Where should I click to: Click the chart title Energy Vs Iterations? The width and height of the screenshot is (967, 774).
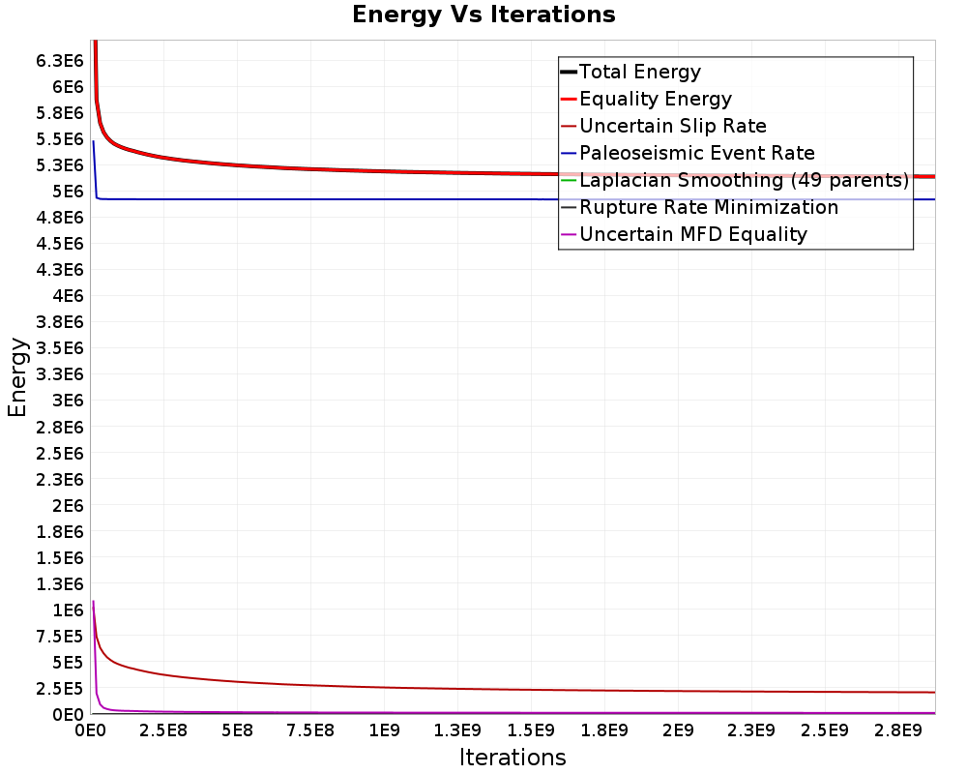click(x=483, y=15)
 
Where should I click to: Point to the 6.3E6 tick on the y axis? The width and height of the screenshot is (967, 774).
click(x=59, y=61)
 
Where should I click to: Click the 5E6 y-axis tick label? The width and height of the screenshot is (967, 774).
click(x=68, y=192)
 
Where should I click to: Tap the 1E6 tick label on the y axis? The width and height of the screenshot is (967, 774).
click(x=68, y=610)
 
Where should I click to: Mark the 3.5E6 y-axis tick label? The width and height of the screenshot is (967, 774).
click(x=59, y=348)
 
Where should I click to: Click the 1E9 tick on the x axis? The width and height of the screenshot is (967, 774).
click(x=384, y=730)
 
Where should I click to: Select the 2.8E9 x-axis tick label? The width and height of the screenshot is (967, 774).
click(x=898, y=730)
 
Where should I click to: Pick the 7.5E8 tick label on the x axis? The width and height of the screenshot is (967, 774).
click(x=310, y=730)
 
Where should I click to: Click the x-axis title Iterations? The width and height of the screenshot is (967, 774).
click(x=513, y=758)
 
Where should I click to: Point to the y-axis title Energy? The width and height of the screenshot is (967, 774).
click(x=17, y=377)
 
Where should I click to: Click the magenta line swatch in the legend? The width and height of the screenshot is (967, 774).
click(x=569, y=234)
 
